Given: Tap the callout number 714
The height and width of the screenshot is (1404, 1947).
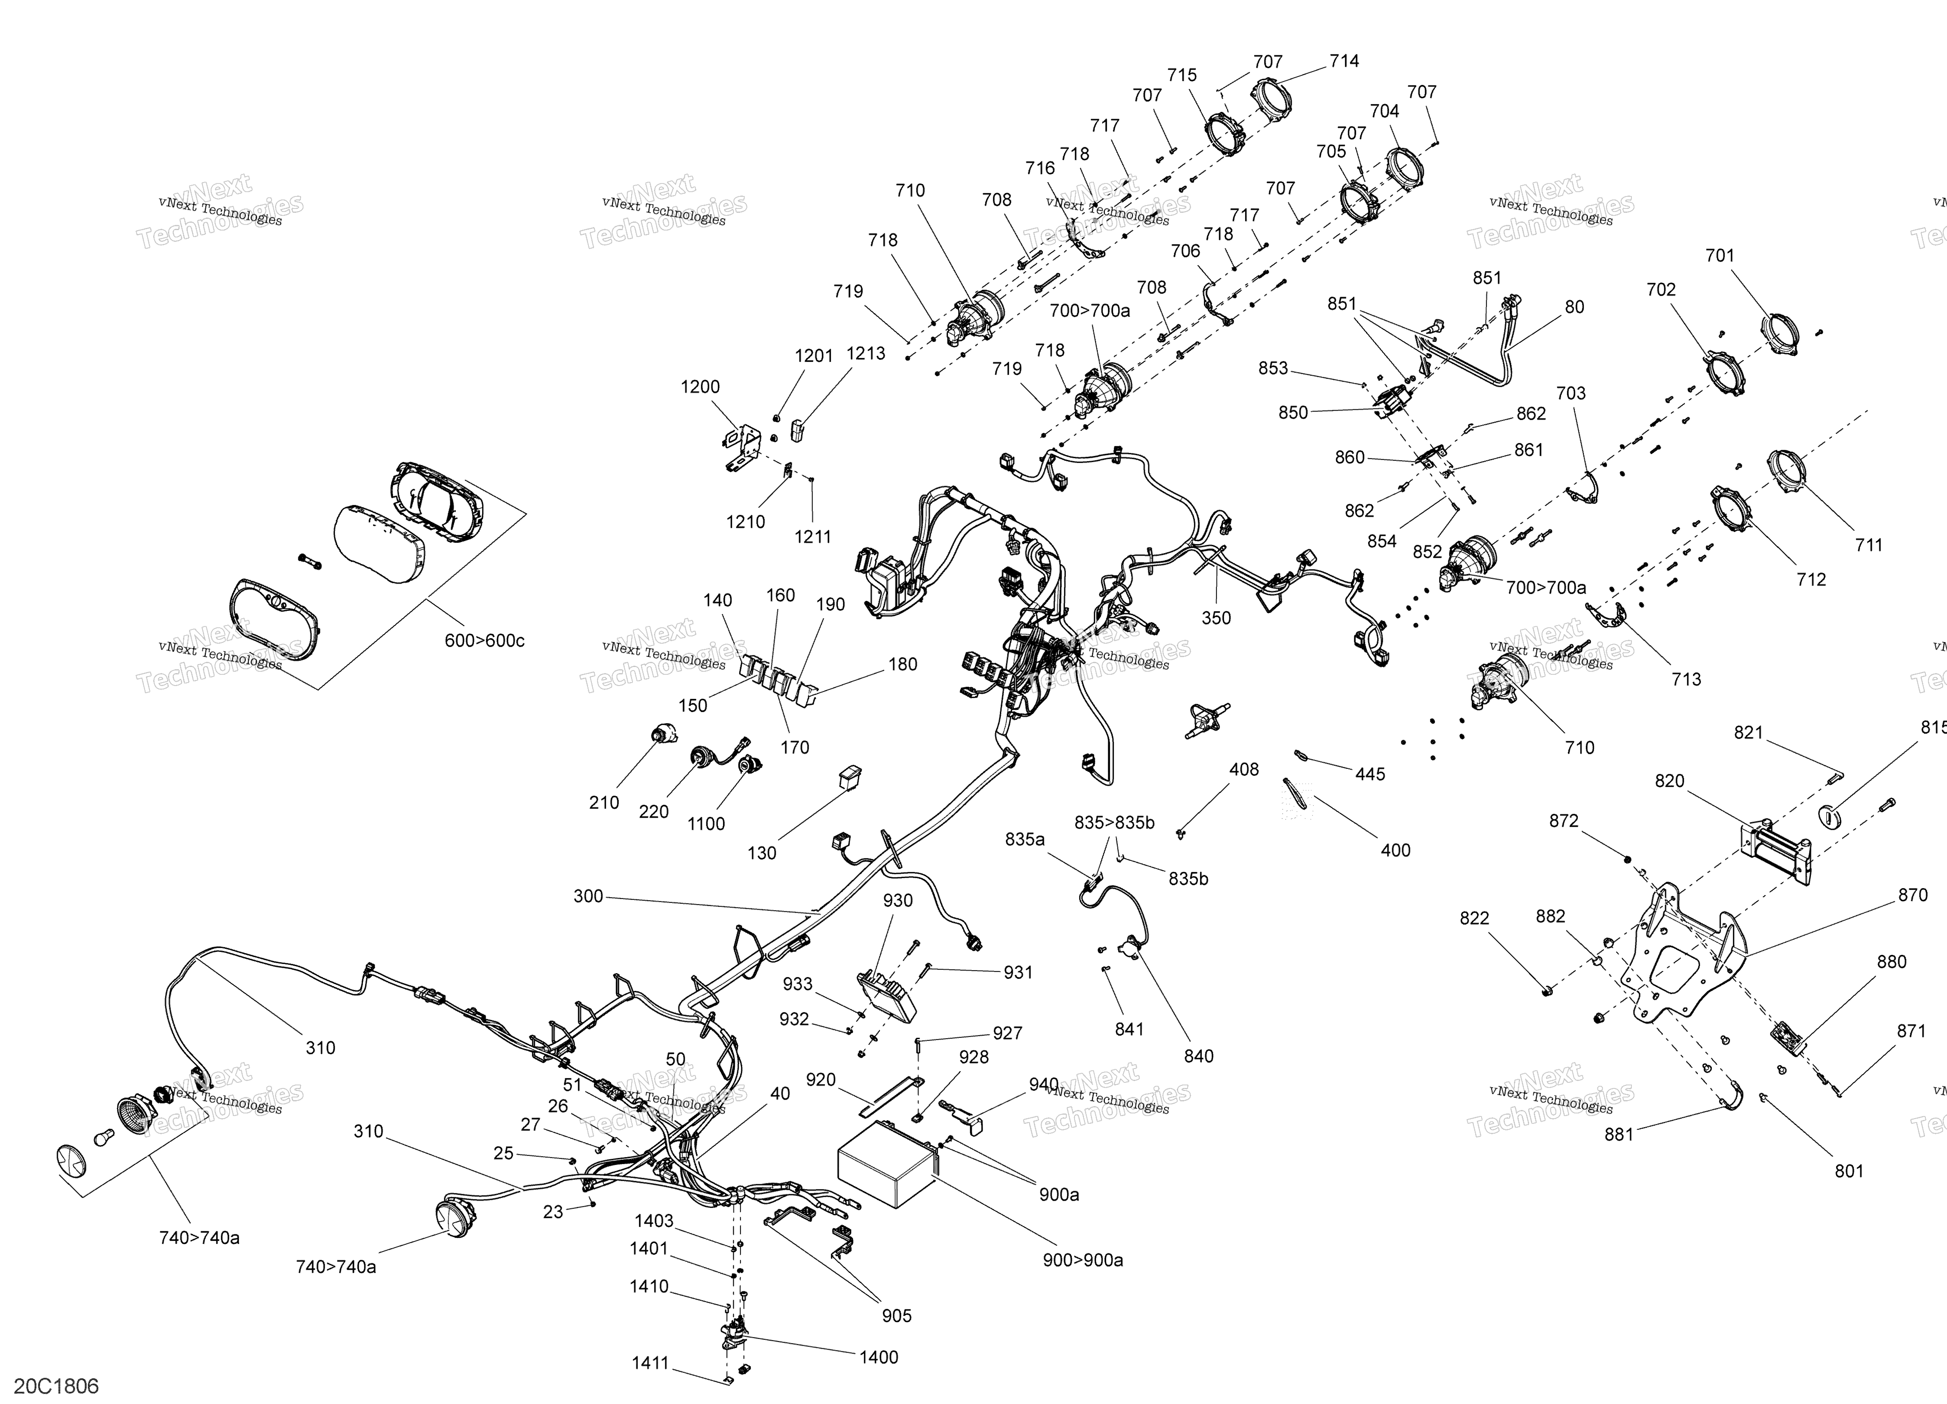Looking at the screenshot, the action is click(x=1344, y=61).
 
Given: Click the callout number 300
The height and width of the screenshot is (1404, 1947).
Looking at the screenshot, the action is click(x=588, y=897).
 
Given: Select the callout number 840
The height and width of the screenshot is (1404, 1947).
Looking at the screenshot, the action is click(x=1198, y=1056).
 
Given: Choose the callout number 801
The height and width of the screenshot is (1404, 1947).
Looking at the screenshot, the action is click(x=1849, y=1171).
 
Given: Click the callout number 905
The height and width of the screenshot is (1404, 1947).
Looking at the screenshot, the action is click(x=896, y=1315).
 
